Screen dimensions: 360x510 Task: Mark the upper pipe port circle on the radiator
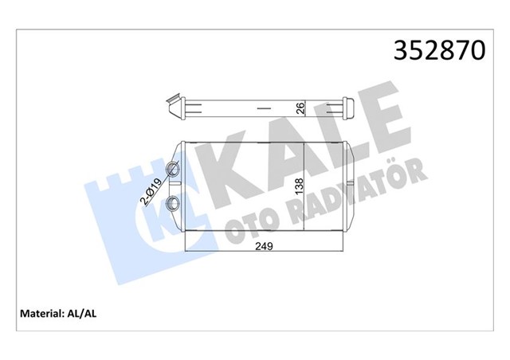(x=173, y=168)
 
